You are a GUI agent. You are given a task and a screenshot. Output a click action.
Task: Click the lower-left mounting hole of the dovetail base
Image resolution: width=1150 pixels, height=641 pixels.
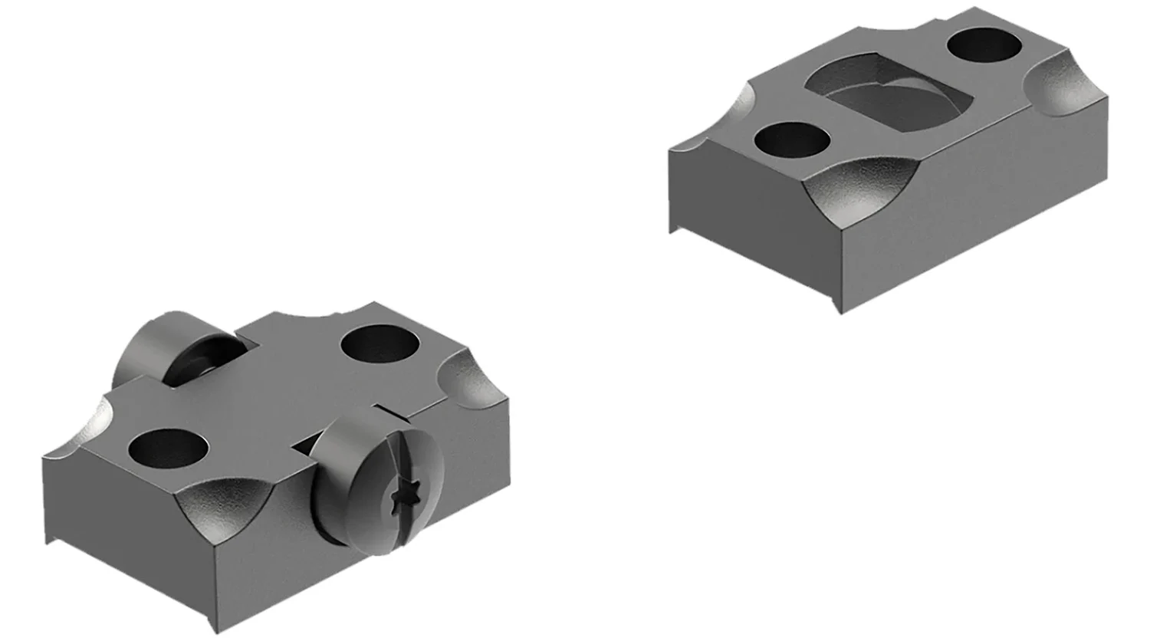pyautogui.click(x=793, y=142)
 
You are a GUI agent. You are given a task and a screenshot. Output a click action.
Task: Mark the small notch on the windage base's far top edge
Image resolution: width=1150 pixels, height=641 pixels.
pyautogui.click(x=337, y=311)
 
